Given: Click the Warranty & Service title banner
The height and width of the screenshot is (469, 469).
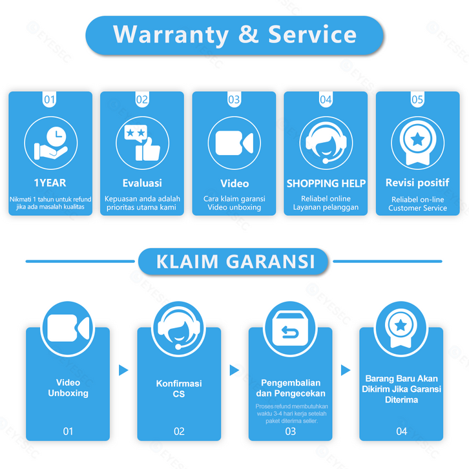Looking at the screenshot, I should (x=234, y=34).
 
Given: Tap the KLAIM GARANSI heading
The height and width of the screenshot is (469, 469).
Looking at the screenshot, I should (x=235, y=261).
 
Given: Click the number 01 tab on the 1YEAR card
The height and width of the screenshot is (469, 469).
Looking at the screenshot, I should (x=50, y=99).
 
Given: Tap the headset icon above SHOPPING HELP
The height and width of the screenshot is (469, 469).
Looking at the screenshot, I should (x=326, y=142).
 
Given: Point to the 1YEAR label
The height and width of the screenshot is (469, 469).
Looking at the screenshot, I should (x=50, y=183).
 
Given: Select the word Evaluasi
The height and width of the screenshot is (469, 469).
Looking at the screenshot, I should (x=142, y=183).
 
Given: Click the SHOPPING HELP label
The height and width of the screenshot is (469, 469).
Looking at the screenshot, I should (x=326, y=183).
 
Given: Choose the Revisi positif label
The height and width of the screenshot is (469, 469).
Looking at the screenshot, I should (x=417, y=183).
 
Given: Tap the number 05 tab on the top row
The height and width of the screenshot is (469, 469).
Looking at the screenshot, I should (x=417, y=99).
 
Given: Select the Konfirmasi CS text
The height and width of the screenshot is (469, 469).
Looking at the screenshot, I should (x=179, y=388).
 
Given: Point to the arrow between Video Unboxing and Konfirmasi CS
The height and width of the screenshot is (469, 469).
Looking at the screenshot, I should (x=123, y=370).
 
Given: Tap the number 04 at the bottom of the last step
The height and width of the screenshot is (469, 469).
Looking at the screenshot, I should (x=402, y=431).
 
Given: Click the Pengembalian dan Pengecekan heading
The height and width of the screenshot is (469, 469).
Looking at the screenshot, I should (x=290, y=388).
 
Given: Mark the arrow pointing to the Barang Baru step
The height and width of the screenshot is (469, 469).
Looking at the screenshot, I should (x=346, y=370).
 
